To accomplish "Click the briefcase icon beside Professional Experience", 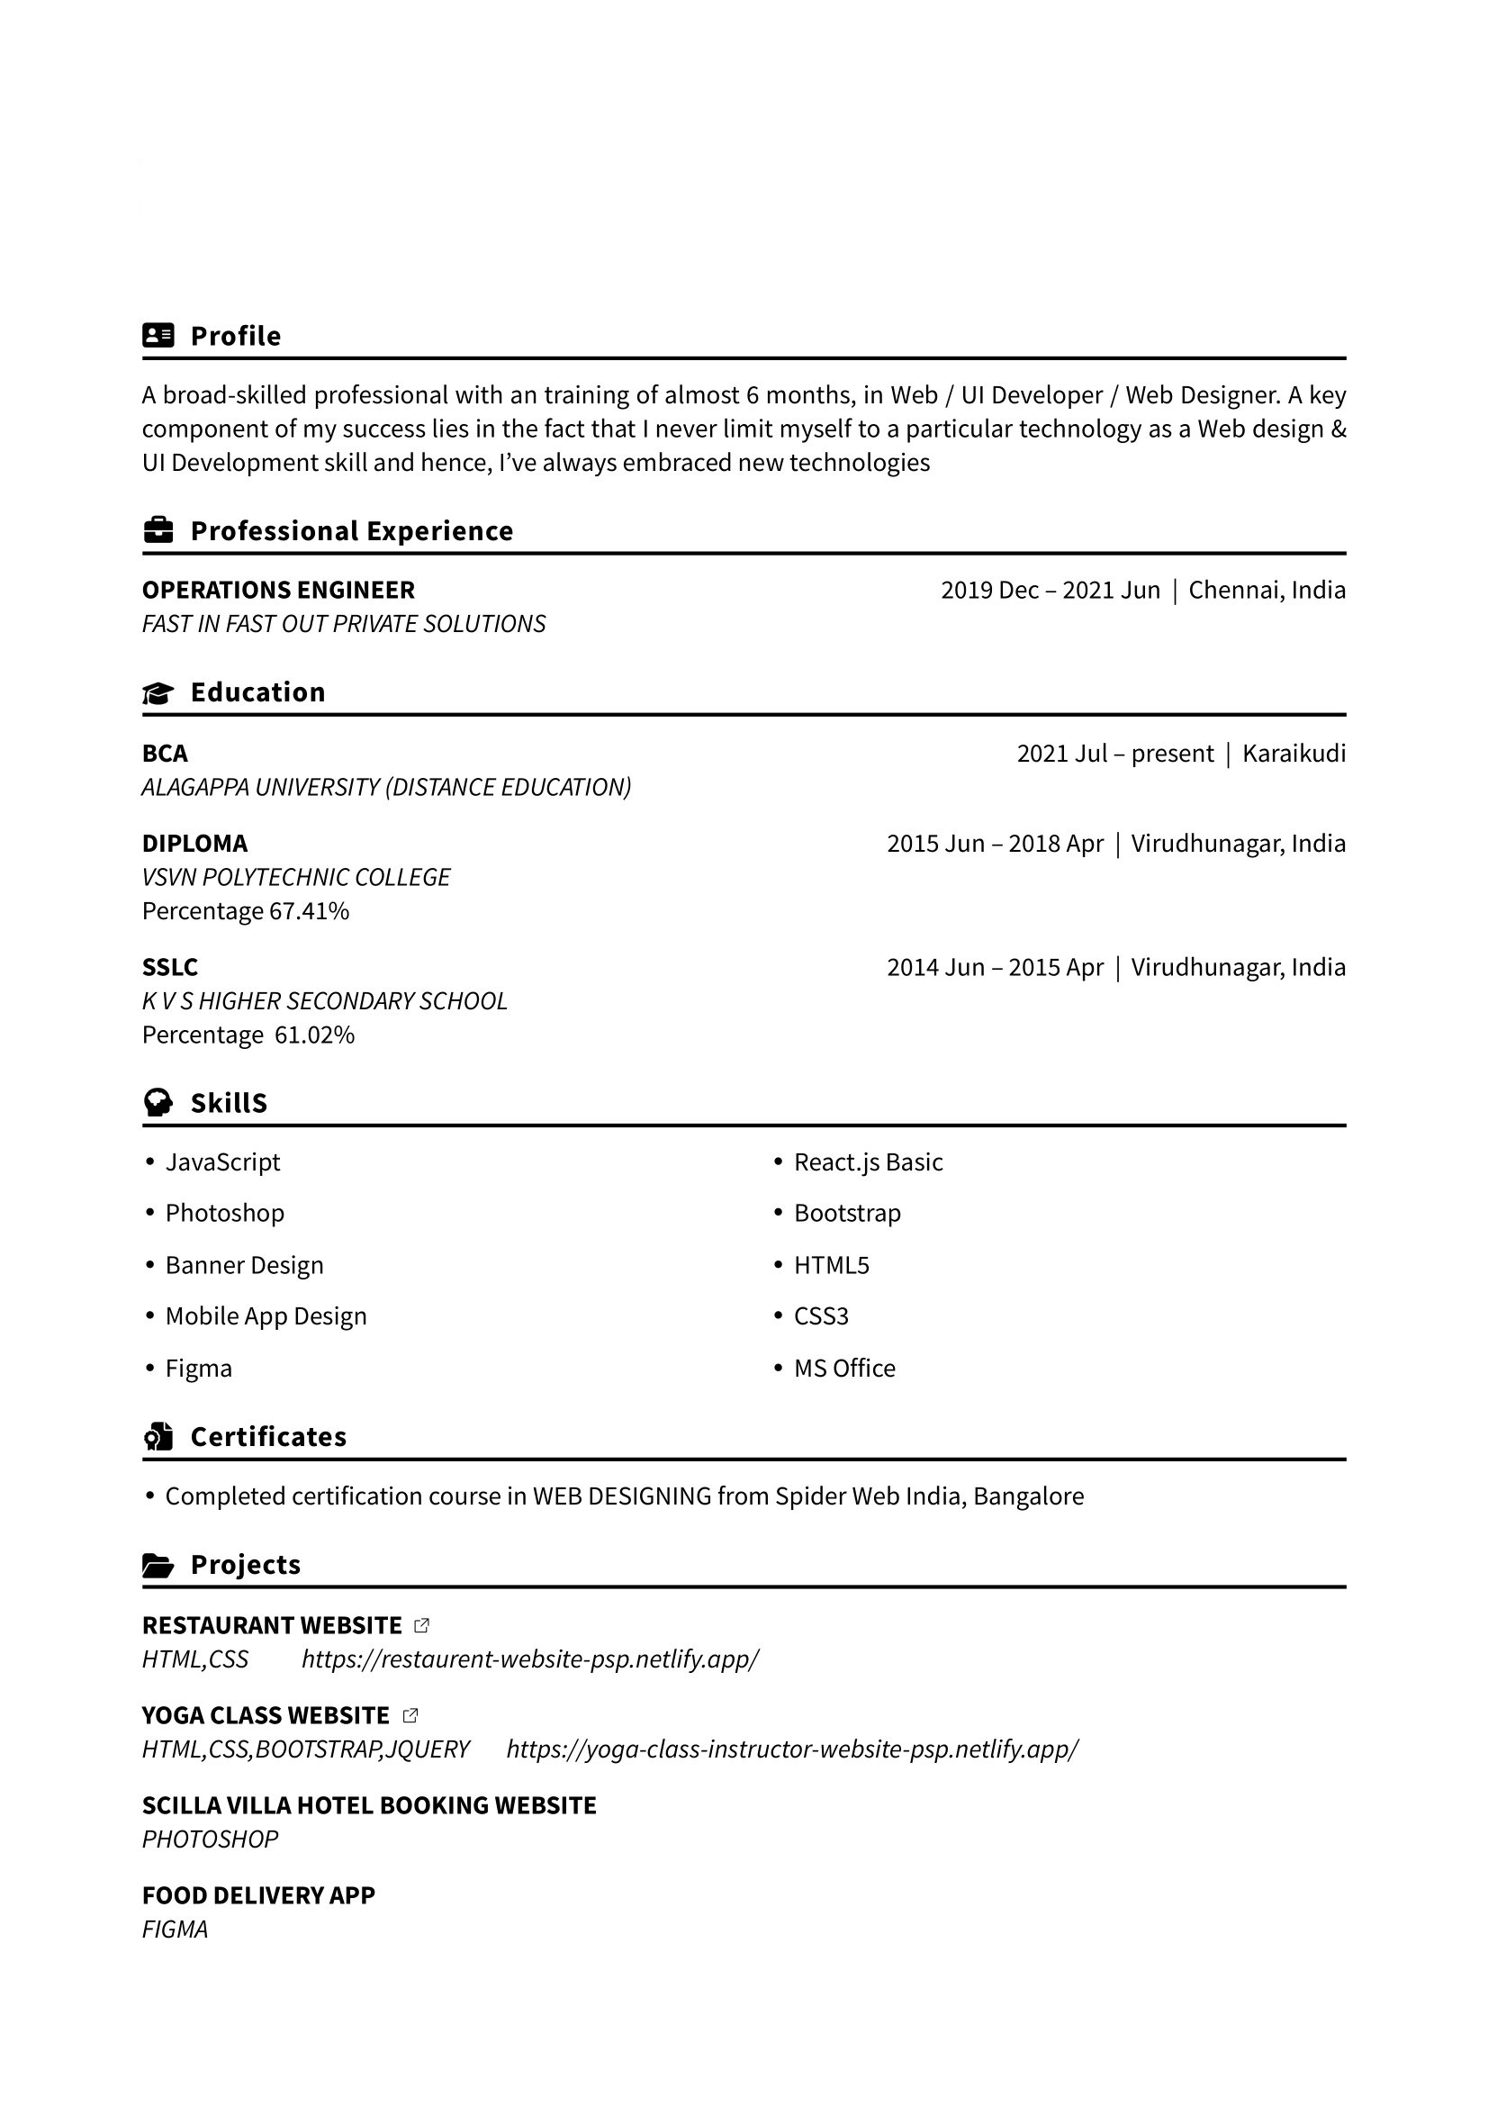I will click(158, 530).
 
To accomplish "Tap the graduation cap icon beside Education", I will click(158, 692).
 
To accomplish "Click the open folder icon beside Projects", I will click(158, 1565).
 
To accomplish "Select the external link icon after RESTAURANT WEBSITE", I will click(422, 1625).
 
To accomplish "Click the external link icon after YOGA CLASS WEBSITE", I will click(410, 1715).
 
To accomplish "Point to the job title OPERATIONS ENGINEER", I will click(278, 590).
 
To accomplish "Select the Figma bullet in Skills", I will click(198, 1369).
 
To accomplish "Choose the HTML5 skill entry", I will click(831, 1266).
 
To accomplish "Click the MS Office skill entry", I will click(843, 1369).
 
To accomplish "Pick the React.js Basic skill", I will click(867, 1162).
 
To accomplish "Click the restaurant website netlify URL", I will click(530, 1659).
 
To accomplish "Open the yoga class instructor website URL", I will click(792, 1749).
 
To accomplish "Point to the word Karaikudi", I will click(1294, 754).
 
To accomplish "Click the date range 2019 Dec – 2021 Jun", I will click(1050, 590).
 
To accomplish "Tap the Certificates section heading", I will click(267, 1436).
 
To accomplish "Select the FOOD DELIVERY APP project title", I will click(258, 1895).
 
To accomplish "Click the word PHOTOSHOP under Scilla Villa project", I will click(210, 1839).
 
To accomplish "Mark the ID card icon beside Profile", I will click(158, 336).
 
